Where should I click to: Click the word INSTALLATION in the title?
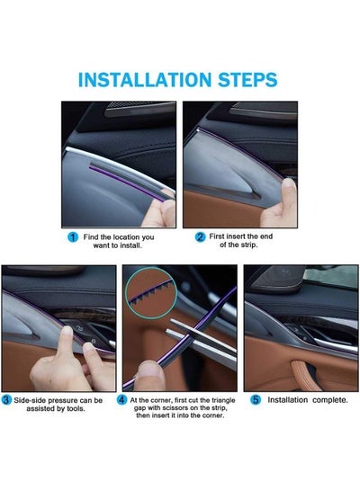(145, 80)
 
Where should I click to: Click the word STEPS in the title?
(247, 80)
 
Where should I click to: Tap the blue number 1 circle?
(73, 237)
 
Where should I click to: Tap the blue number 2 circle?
(200, 237)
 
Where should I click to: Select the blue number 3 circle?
(6, 400)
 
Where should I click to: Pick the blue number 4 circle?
(121, 400)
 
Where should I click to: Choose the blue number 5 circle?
(256, 400)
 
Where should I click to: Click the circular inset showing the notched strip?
(151, 292)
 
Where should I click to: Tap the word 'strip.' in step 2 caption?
(248, 245)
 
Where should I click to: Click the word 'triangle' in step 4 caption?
(223, 400)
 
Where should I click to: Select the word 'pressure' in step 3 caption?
(64, 401)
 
